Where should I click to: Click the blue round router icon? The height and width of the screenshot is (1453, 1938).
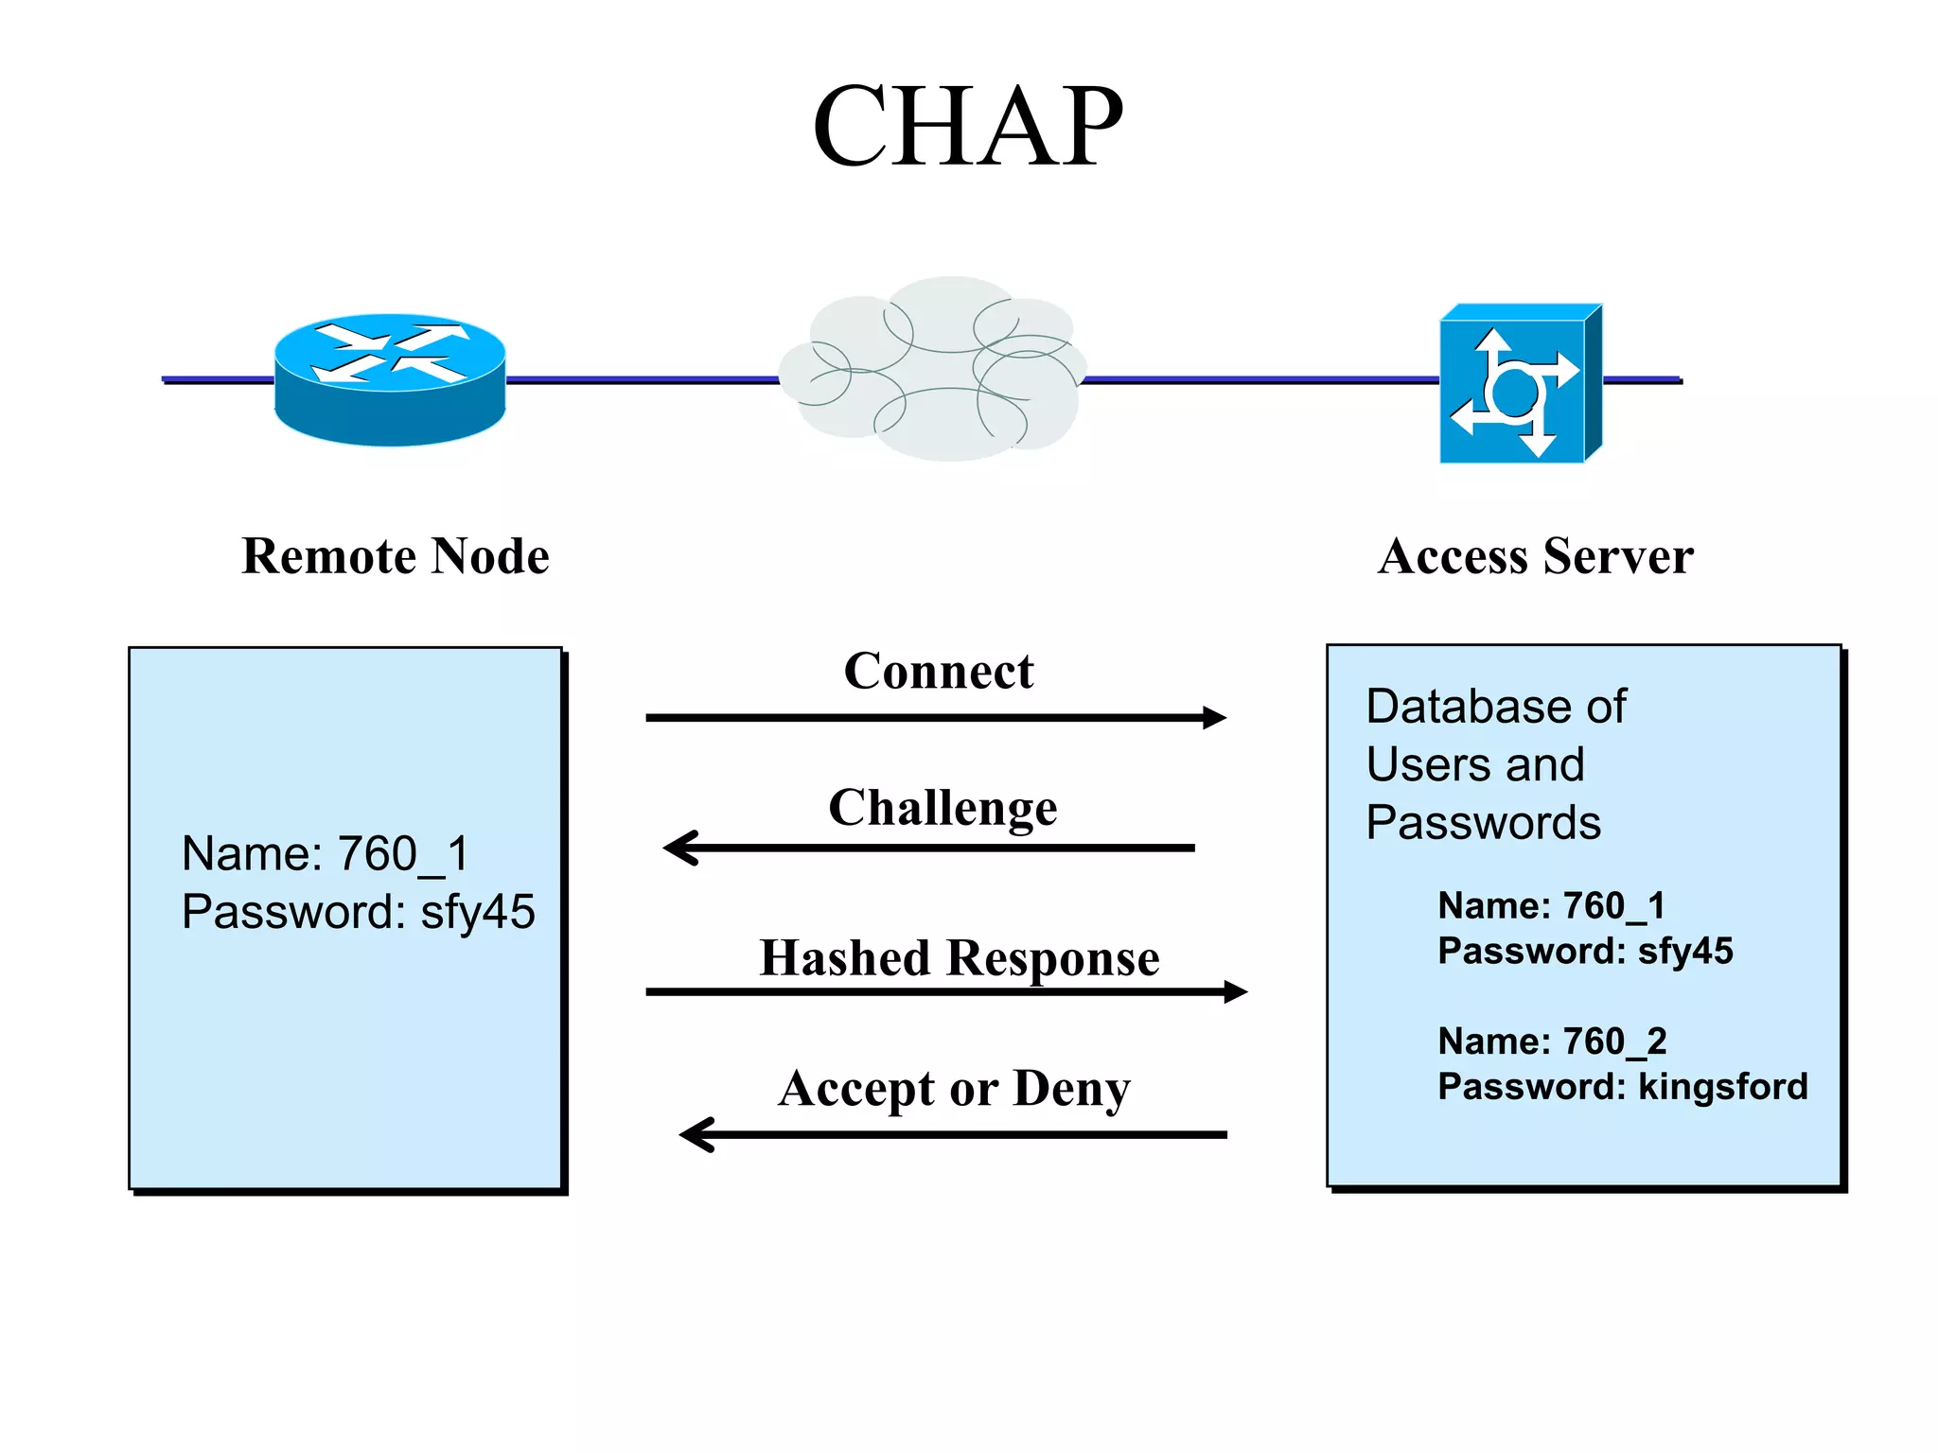[390, 378]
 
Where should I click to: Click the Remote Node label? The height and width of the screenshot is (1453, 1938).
[396, 556]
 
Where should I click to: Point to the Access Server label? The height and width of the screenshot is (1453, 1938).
[1535, 556]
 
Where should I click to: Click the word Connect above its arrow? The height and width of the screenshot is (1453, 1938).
[938, 672]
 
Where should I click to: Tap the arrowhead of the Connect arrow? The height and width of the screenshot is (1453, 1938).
[1215, 718]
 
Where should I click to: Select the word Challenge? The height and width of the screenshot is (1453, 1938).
[943, 808]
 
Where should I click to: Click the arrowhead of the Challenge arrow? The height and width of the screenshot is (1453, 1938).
[678, 848]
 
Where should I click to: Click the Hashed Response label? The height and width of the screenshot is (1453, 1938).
[959, 958]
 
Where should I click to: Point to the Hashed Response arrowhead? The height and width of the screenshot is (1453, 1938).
[1236, 992]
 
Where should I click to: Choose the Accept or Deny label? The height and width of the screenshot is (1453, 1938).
[954, 1089]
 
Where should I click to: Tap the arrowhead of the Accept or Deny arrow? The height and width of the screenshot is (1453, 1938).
[695, 1134]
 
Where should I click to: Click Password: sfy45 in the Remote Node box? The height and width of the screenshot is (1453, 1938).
[358, 912]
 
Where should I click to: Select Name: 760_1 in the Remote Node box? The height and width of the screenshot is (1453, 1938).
[325, 853]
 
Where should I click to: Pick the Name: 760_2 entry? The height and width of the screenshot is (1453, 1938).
[1552, 1042]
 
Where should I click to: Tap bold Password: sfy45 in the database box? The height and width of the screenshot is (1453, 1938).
[1585, 951]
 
